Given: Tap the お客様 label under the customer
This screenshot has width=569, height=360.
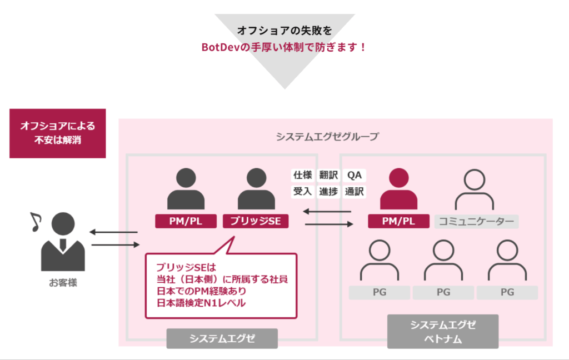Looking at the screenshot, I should coord(62,283).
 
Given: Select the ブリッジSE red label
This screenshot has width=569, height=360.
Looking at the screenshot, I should coord(256,221).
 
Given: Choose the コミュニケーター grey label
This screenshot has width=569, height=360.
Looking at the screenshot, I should coord(477,221).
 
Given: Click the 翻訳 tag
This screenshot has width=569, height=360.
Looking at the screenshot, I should coord(328,175).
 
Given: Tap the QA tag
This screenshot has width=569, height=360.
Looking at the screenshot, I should coord(354,175).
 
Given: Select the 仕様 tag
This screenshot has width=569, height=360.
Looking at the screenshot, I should coord(303,175).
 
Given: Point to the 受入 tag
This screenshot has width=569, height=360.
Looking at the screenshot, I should coord(303,192).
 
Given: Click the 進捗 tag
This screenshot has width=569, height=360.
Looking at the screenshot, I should coord(328,192).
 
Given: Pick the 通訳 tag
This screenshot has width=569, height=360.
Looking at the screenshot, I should coord(354,192).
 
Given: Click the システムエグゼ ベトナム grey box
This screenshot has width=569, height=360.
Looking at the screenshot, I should coord(443,332).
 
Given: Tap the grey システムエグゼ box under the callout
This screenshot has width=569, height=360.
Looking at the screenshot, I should coord(222,338).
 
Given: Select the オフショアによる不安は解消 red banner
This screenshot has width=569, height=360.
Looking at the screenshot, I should coord(58,133).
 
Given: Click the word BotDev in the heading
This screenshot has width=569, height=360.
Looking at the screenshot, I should coord(221,47).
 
